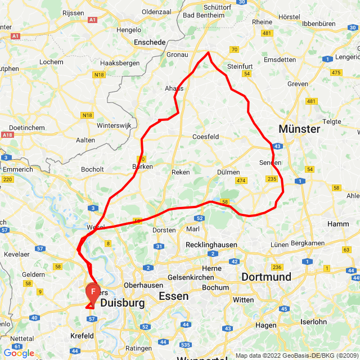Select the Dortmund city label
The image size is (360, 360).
pyautogui.click(x=266, y=277)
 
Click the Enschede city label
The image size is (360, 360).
pyautogui.click(x=150, y=42)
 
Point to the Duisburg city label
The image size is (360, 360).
pyautogui.click(x=122, y=303)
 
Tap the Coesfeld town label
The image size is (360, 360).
pyautogui.click(x=205, y=137)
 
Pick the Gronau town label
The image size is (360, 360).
pyautogui.click(x=178, y=55)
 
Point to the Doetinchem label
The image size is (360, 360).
pyautogui.click(x=26, y=128)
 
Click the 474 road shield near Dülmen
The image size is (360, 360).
pyautogui.click(x=241, y=181)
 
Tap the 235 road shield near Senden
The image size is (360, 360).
pyautogui.click(x=272, y=179)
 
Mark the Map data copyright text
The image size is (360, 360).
pyautogui.click(x=296, y=355)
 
